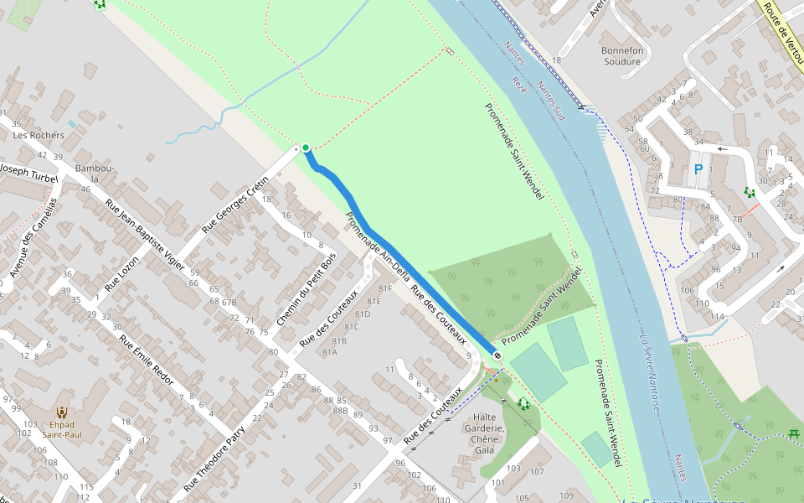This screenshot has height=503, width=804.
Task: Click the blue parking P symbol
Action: tap(698, 170)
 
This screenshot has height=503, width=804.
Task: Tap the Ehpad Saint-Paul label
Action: tap(62, 429)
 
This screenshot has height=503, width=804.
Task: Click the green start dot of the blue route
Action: tap(306, 148)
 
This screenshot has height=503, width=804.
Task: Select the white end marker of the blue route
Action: tap(497, 355)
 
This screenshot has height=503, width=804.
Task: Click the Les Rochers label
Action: tap(39, 135)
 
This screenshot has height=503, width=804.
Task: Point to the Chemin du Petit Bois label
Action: tap(306, 289)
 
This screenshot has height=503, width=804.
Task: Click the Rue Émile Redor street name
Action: tap(146, 361)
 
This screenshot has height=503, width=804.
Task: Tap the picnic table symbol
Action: tap(793, 433)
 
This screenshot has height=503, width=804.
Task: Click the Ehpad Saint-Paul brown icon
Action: tap(62, 412)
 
